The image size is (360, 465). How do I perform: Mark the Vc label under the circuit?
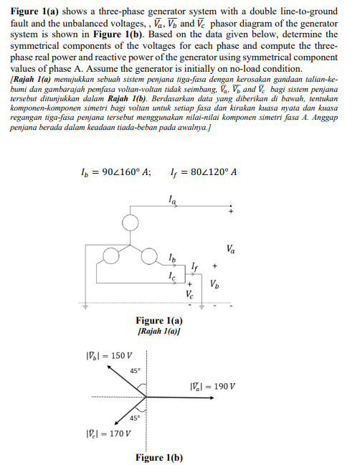point(189,294)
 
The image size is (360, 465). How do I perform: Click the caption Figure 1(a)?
point(158,320)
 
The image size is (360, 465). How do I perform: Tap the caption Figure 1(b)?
point(158,458)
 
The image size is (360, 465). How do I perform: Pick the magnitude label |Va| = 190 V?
point(213,387)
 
